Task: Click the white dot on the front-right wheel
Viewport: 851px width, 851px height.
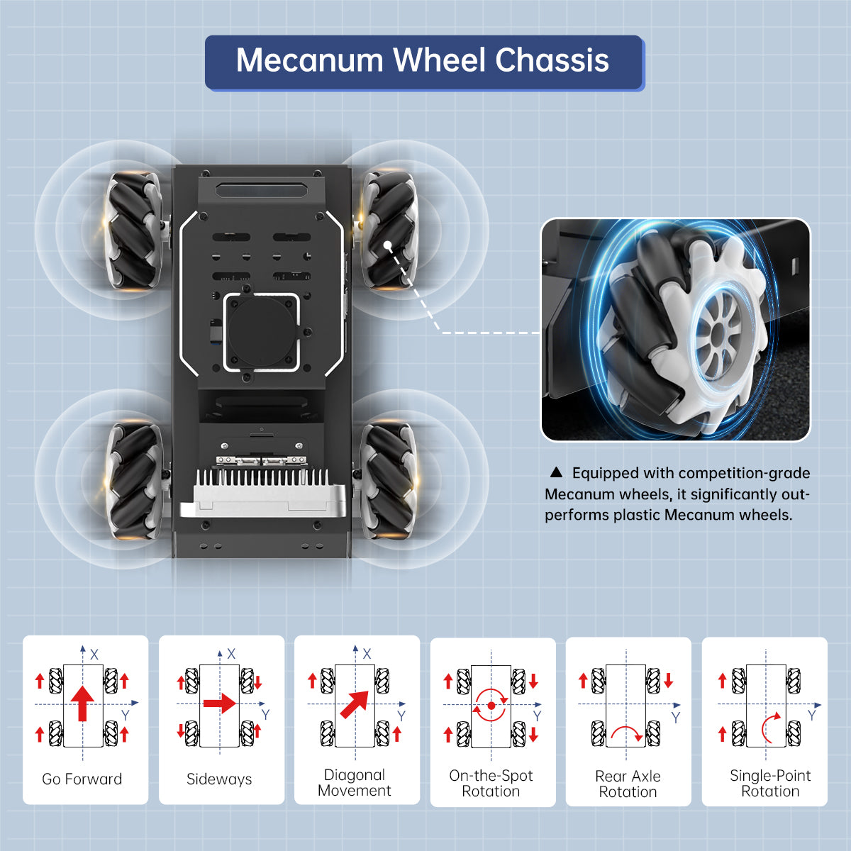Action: click(389, 245)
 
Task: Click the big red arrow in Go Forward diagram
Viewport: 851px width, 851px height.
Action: click(83, 702)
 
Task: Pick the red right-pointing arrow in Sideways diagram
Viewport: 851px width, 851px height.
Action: click(219, 703)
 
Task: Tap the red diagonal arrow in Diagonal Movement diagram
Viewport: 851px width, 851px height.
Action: click(355, 703)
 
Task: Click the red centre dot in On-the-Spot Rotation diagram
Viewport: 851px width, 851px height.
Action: click(491, 706)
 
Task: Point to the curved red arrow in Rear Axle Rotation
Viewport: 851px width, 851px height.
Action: click(626, 732)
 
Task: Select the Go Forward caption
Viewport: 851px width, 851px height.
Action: click(82, 779)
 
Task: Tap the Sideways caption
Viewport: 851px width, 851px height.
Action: click(219, 779)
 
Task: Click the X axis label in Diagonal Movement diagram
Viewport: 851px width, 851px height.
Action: click(367, 654)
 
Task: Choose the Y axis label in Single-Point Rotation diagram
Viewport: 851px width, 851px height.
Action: click(812, 716)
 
